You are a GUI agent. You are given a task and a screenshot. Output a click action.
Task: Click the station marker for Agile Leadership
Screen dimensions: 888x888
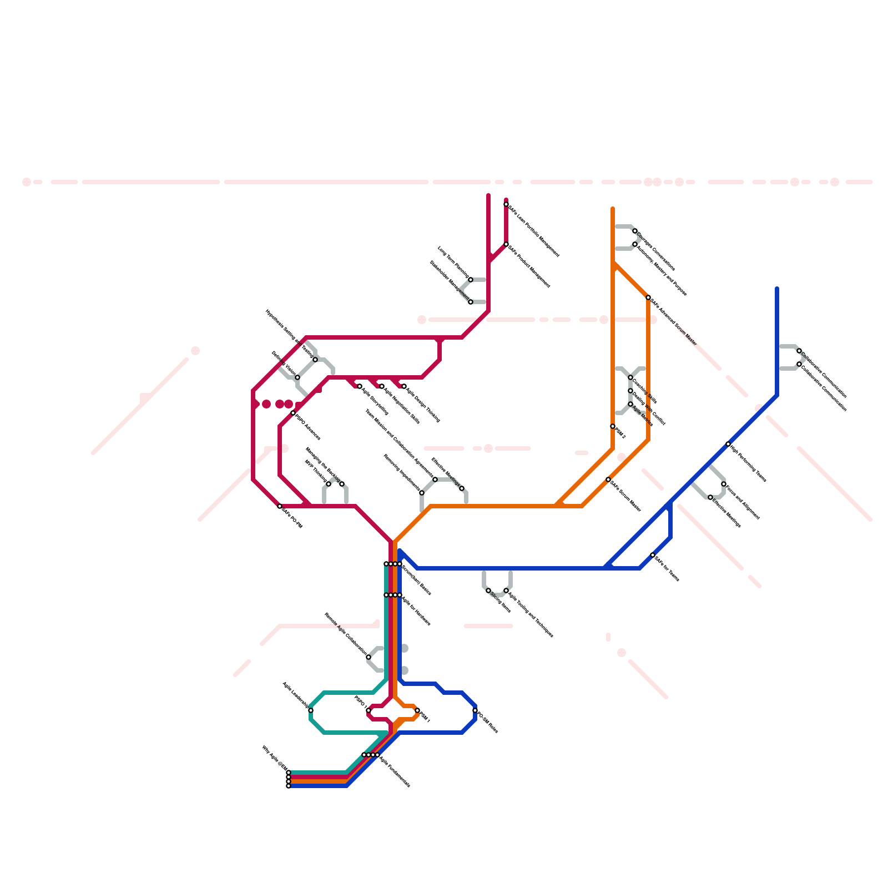pos(311,710)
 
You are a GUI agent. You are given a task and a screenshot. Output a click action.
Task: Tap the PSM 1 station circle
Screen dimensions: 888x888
pos(417,710)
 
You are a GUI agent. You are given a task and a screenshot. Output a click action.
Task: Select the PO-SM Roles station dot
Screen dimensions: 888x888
pos(475,710)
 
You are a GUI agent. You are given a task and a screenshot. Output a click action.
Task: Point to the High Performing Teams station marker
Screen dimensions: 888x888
pos(728,444)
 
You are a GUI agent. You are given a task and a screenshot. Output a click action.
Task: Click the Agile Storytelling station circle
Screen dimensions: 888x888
pos(360,386)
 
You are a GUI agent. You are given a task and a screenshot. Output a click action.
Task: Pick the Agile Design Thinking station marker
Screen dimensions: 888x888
pos(404,386)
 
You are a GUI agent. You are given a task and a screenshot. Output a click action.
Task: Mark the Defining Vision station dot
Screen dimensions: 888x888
pos(297,377)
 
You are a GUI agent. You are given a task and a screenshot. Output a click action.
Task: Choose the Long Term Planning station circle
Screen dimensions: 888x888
pos(471,280)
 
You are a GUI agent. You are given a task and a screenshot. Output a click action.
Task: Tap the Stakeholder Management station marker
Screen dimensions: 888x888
pos(471,302)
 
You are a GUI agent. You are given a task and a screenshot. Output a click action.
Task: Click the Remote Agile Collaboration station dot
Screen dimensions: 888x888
pos(369,657)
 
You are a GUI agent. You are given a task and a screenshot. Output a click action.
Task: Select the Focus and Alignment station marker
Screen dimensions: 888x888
pos(724,484)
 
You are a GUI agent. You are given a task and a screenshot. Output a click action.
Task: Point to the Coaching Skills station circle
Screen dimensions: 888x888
pos(630,377)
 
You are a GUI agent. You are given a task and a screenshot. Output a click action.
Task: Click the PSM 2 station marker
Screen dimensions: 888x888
pos(613,426)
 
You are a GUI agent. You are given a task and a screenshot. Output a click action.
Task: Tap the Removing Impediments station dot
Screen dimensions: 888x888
pos(422,493)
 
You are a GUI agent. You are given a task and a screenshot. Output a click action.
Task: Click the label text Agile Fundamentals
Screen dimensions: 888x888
pos(395,771)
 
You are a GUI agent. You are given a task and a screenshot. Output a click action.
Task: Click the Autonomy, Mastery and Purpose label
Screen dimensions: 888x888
pos(662,270)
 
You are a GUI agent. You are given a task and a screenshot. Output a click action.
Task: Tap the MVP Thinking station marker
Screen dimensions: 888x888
pos(329,484)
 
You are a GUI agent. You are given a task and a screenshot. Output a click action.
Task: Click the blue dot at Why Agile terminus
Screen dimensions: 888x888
pos(289,786)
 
